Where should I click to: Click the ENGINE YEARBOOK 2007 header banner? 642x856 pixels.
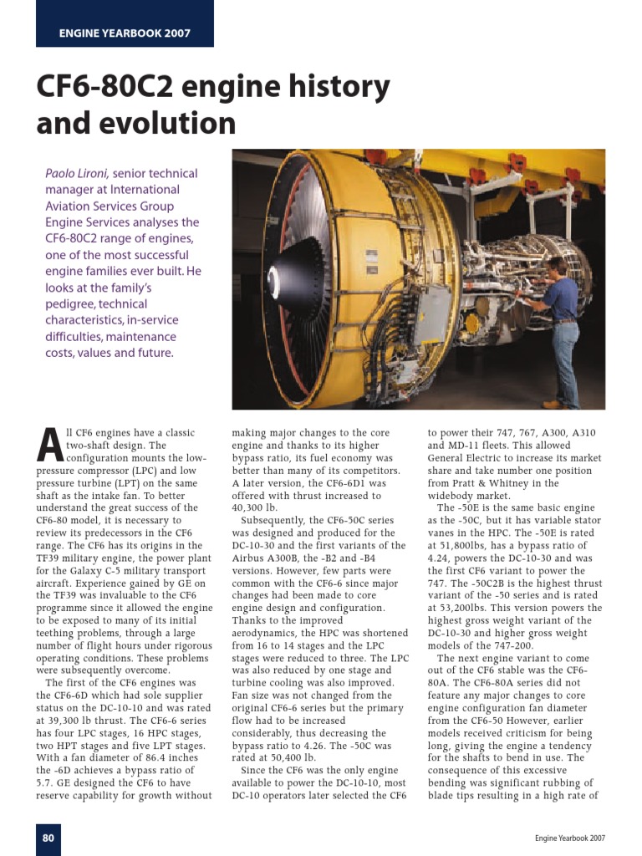click(x=125, y=33)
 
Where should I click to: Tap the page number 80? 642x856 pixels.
click(x=48, y=838)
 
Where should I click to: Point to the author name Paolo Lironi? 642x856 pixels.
click(x=77, y=174)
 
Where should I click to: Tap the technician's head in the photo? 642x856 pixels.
click(x=554, y=267)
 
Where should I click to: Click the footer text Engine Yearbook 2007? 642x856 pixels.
click(x=570, y=838)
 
